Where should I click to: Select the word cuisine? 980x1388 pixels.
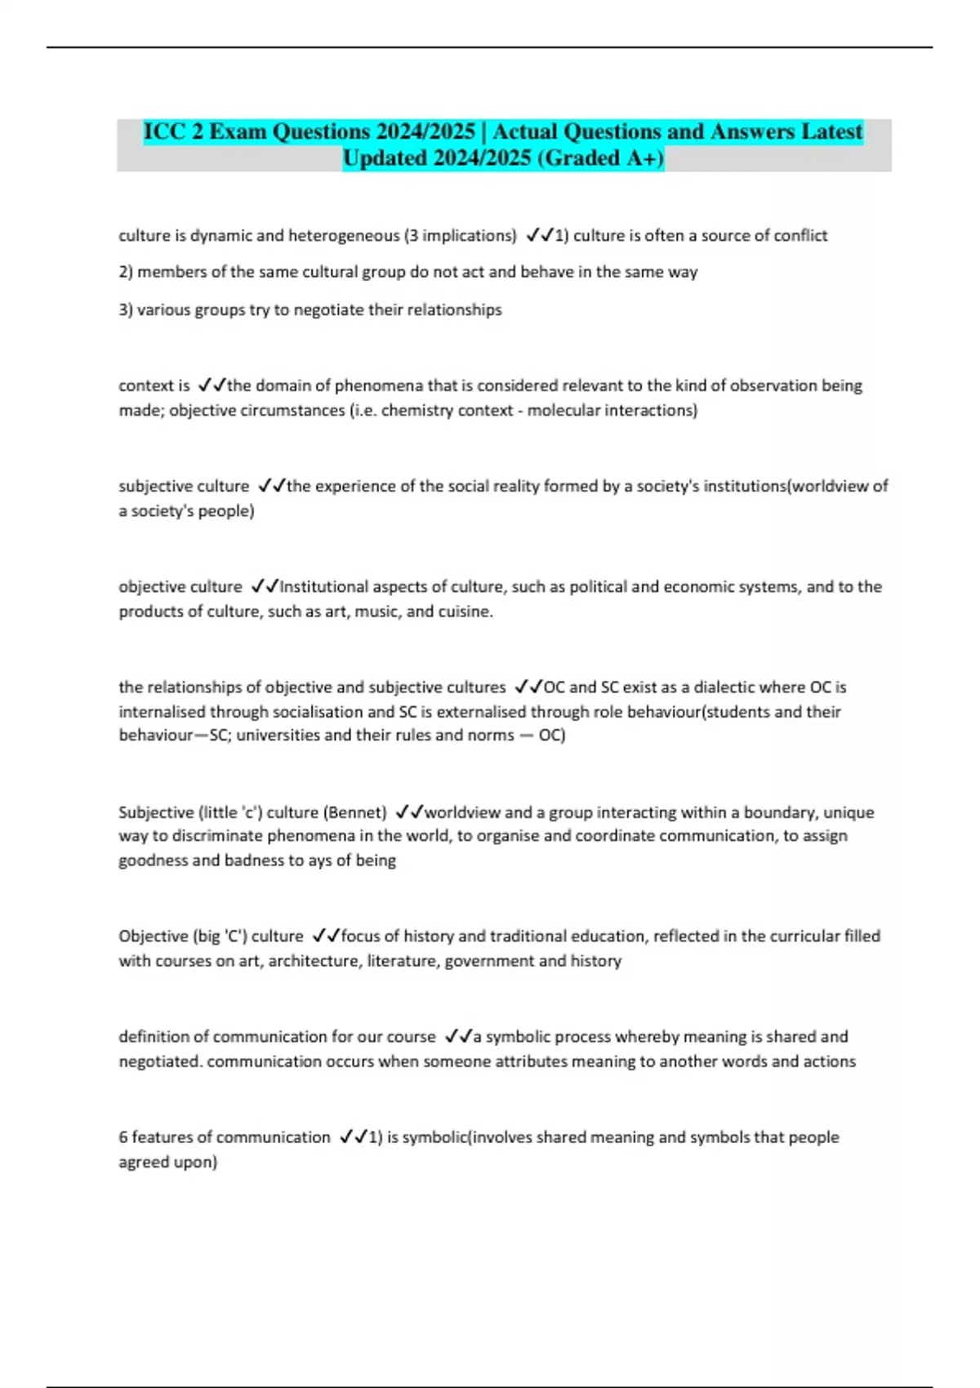(465, 612)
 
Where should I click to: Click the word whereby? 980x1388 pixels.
(647, 1037)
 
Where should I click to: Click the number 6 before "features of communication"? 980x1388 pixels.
(123, 1137)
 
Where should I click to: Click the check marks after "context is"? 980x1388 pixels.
(212, 385)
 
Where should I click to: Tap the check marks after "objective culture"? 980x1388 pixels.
(265, 586)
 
